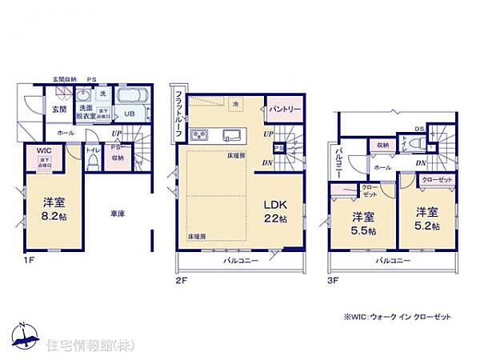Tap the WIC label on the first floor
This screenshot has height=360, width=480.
(44, 150)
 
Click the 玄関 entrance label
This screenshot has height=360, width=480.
(59, 109)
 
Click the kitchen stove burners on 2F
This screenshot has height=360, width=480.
(200, 134)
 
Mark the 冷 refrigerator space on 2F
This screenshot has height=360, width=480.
(235, 103)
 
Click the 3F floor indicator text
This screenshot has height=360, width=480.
(334, 280)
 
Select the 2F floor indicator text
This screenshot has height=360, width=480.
(182, 280)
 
